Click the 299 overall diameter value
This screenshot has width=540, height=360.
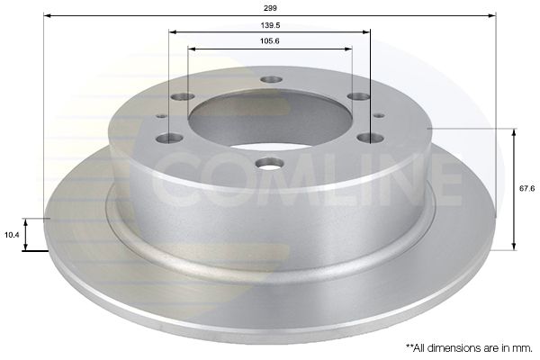[x=269, y=6]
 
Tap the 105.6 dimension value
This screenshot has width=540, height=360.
[x=269, y=40]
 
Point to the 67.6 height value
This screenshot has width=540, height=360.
[x=527, y=188]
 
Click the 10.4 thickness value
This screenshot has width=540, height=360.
[x=12, y=234]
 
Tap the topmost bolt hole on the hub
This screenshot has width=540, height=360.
[x=271, y=79]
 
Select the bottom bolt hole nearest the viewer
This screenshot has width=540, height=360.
[x=269, y=163]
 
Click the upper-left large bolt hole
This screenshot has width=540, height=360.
[x=183, y=96]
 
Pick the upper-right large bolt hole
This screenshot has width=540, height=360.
[x=359, y=96]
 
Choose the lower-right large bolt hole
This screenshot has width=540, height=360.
[x=370, y=138]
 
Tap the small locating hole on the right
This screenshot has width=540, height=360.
[x=379, y=115]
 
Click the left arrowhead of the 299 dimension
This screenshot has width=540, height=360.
[x=47, y=15]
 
